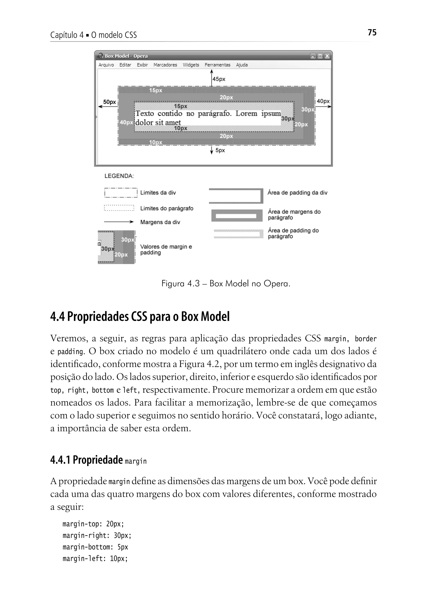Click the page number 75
click(372, 32)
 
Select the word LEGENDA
click(119, 176)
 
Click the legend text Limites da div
click(158, 193)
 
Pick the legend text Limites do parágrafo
click(167, 209)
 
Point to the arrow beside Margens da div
click(119, 222)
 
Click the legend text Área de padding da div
click(297, 193)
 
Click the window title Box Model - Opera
click(126, 56)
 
